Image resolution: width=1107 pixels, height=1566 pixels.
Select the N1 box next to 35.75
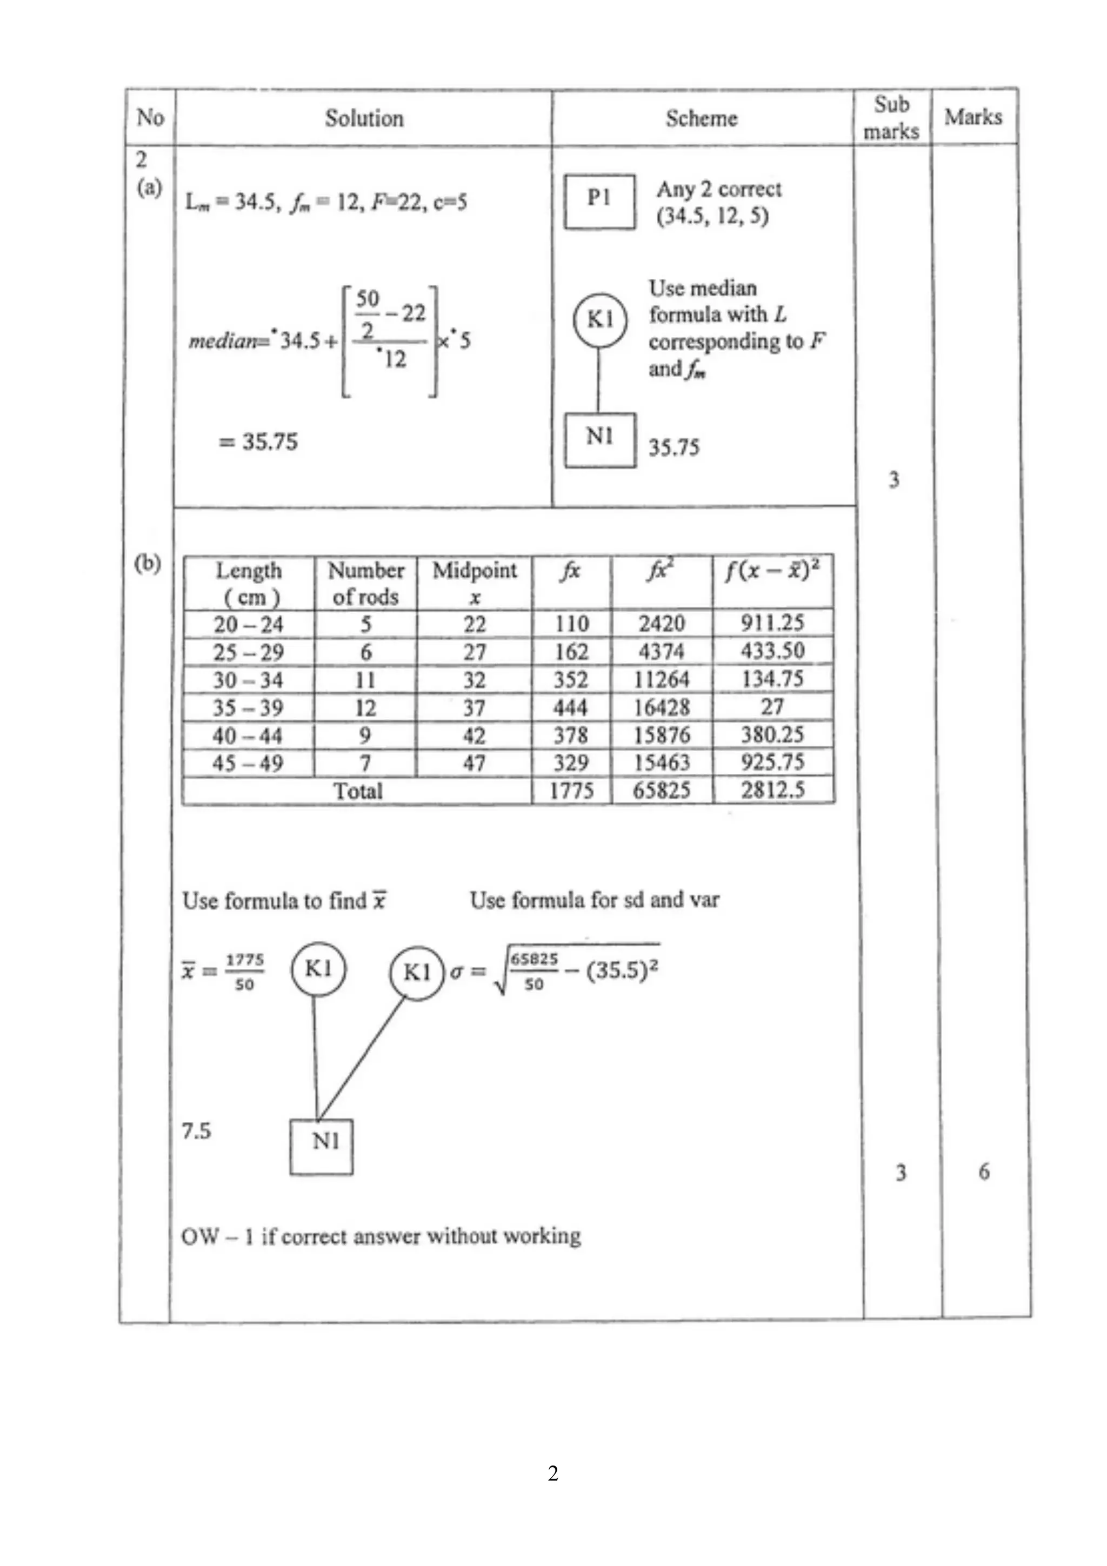point(599,440)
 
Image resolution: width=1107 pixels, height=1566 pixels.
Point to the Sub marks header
point(891,117)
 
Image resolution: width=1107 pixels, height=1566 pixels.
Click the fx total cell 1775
point(571,791)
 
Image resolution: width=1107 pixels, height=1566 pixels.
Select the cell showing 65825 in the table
point(662,791)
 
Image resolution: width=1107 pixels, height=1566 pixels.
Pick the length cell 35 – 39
point(248,708)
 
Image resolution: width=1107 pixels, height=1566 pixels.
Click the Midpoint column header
point(474,583)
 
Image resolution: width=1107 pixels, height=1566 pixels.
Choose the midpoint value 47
point(474,763)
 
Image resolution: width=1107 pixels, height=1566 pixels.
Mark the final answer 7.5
point(196,1131)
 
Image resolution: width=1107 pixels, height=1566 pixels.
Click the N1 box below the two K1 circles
point(321,1147)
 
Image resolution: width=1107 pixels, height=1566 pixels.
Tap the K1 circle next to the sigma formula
point(416,973)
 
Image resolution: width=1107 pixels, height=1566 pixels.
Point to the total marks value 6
point(984,1172)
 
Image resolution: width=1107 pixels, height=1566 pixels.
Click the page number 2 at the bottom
point(553,1473)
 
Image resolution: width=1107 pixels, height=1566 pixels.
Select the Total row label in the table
point(357,791)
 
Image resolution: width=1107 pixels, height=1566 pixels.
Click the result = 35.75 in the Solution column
point(258,442)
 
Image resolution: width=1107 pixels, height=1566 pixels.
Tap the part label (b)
point(148,564)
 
